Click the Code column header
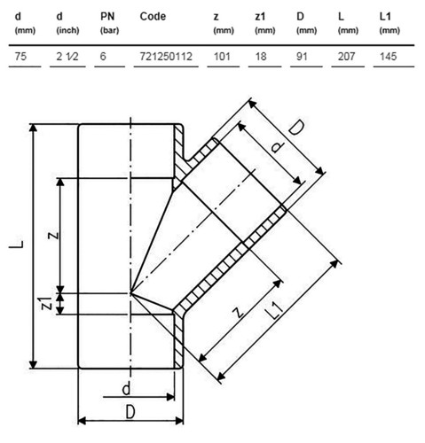[x=153, y=17]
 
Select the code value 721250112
[x=166, y=56]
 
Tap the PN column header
[x=107, y=17]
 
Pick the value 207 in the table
[x=346, y=56]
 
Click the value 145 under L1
[x=388, y=56]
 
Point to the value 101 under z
[x=222, y=56]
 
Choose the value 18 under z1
[x=261, y=56]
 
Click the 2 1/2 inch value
[x=67, y=56]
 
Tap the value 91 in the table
[x=302, y=56]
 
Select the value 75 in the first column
[x=20, y=56]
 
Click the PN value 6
[x=103, y=56]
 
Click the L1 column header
[x=385, y=17]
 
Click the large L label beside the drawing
[x=17, y=245]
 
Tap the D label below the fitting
[x=130, y=412]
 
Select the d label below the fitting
[x=126, y=389]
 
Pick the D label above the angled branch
[x=296, y=128]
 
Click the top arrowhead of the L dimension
[x=34, y=128]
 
